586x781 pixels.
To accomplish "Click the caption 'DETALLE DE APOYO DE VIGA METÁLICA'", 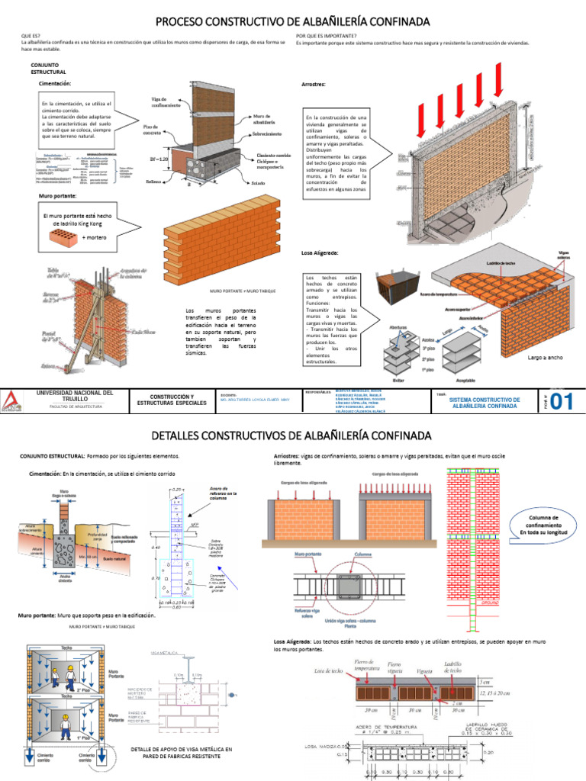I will [181, 750].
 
